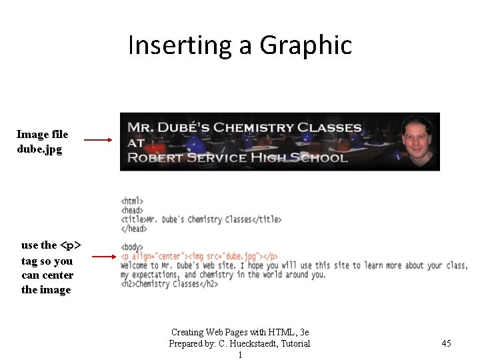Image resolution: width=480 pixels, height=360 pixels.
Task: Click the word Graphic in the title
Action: tap(305, 46)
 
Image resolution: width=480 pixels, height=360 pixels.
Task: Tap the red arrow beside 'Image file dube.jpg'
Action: tap(98, 141)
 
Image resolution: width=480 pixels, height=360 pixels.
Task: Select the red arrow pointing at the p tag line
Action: tap(104, 255)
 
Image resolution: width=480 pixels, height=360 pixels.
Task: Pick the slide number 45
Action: tap(446, 343)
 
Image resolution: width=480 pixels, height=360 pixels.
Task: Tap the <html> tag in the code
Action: tap(132, 201)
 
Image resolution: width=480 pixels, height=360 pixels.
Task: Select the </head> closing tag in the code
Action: tap(134, 229)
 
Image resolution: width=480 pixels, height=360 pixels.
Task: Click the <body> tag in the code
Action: tap(132, 247)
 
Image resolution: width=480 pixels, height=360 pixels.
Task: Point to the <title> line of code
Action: tap(201, 219)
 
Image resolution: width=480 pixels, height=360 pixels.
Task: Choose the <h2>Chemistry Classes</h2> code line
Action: tap(169, 284)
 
